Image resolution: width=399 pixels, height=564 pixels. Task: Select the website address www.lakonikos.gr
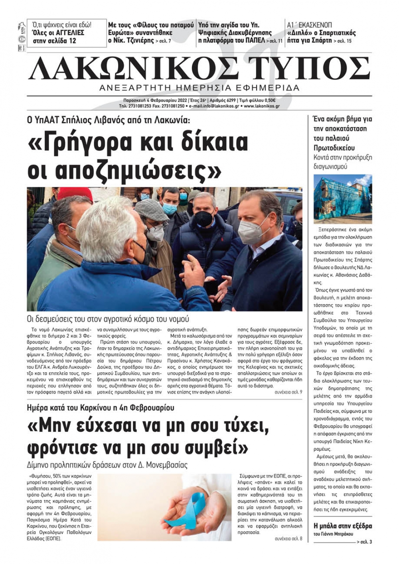click(x=261, y=106)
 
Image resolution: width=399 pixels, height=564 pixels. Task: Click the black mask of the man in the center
click(x=203, y=218)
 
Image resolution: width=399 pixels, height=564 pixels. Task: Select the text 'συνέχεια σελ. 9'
click(x=288, y=392)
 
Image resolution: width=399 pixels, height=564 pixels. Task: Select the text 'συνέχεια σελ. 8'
click(x=288, y=539)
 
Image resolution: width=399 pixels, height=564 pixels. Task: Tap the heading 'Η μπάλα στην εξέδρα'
click(x=343, y=526)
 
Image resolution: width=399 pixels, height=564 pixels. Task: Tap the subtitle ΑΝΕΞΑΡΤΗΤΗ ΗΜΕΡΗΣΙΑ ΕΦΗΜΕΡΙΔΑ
click(x=199, y=88)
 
